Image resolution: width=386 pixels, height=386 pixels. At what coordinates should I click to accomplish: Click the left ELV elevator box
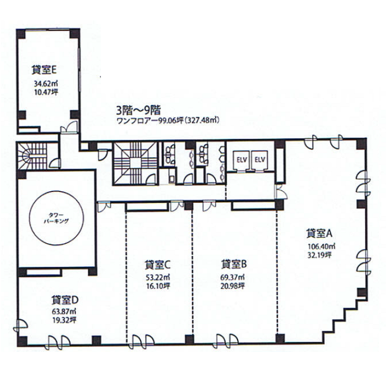pyautogui.click(x=242, y=160)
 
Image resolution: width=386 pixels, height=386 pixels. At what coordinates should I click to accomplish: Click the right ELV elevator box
pyautogui.click(x=260, y=160)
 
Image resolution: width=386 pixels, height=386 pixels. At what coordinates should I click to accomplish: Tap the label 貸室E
pyautogui.click(x=44, y=70)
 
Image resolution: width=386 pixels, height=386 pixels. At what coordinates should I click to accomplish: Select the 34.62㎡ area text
pyautogui.click(x=46, y=84)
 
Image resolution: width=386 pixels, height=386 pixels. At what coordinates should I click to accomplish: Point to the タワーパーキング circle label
pyautogui.click(x=56, y=218)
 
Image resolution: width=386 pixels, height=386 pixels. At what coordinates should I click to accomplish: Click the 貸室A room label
pyautogui.click(x=319, y=233)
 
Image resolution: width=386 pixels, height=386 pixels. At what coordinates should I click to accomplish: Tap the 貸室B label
pyautogui.click(x=234, y=264)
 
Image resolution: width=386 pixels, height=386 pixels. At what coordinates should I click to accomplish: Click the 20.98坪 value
pyautogui.click(x=232, y=286)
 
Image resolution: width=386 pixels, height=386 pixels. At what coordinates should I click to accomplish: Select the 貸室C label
pyautogui.click(x=158, y=265)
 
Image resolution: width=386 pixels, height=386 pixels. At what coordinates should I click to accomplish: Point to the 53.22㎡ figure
pyautogui.click(x=158, y=278)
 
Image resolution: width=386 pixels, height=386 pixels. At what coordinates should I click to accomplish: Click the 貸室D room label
pyautogui.click(x=65, y=300)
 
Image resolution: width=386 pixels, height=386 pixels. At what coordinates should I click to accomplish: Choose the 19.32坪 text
pyautogui.click(x=64, y=320)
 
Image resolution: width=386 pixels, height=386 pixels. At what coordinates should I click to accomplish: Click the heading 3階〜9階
pyautogui.click(x=138, y=110)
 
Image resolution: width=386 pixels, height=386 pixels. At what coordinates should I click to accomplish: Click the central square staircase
pyautogui.click(x=135, y=163)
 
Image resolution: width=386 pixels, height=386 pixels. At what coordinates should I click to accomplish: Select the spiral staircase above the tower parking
pyautogui.click(x=32, y=156)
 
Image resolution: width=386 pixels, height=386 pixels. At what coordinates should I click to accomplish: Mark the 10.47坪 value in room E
pyautogui.click(x=46, y=93)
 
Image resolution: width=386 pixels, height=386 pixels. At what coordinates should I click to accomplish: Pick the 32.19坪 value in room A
pyautogui.click(x=319, y=255)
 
